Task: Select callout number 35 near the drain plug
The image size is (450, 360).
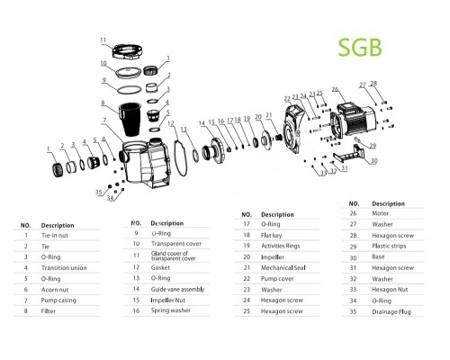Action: pos(97,192)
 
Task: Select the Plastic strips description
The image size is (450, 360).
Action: pos(390,245)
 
